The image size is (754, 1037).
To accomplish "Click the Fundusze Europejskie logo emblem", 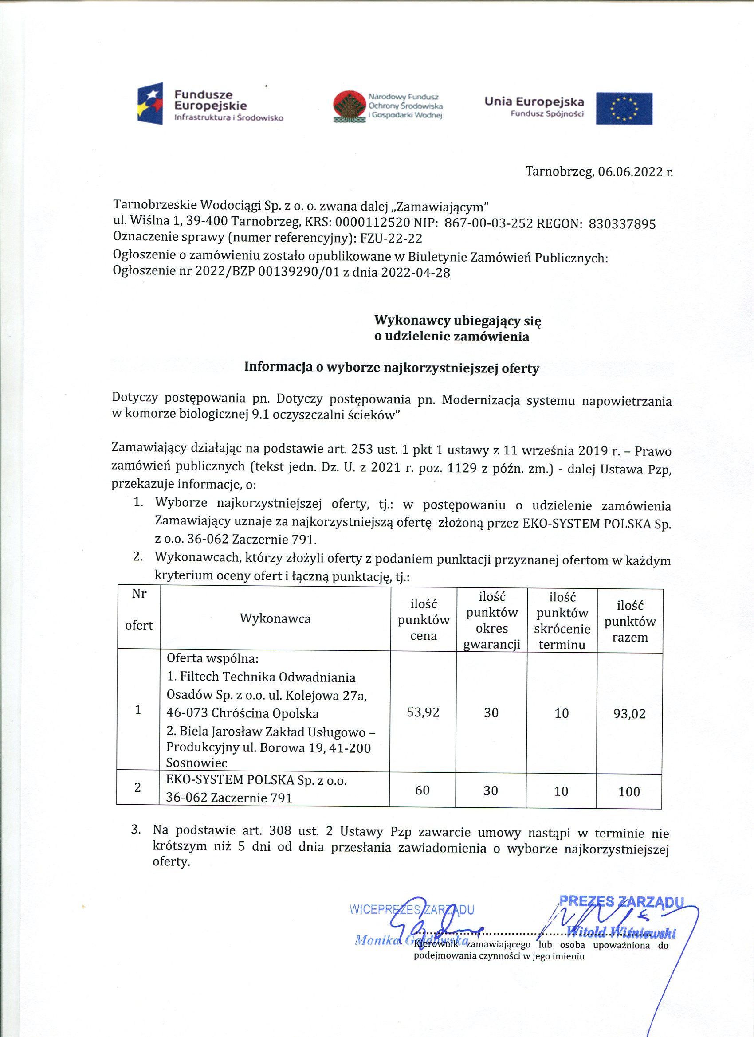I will tap(150, 104).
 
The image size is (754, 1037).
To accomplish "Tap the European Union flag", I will tap(624, 108).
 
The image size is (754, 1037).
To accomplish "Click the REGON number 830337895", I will tap(622, 223).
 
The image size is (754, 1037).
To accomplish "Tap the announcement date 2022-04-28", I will tap(416, 273).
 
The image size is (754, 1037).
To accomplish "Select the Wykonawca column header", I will tap(275, 618).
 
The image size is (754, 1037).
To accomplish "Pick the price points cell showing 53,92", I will tap(423, 712).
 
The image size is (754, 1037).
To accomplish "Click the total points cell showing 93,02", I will tap(629, 713).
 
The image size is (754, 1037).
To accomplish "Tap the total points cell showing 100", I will tap(629, 791).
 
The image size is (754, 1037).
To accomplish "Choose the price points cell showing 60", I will tap(422, 790).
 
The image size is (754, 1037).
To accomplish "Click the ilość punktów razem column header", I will tap(630, 622).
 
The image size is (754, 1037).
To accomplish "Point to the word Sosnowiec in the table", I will tap(197, 763).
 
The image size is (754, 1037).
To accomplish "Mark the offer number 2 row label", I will tap(137, 787).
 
